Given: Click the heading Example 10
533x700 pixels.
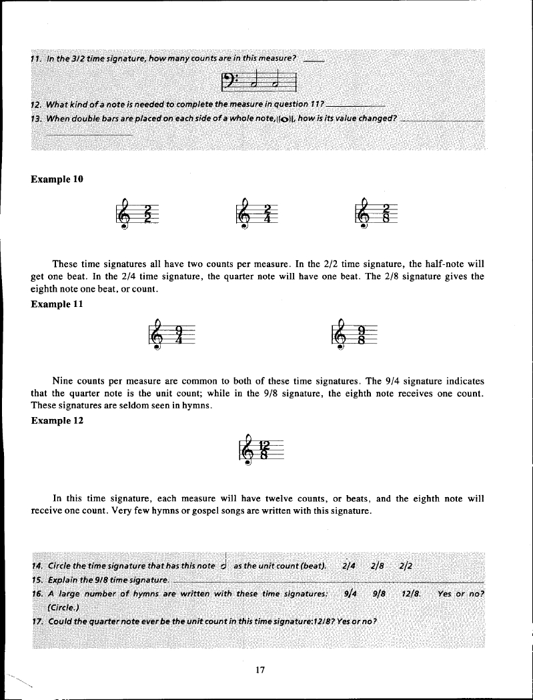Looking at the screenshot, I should pyautogui.click(x=57, y=179).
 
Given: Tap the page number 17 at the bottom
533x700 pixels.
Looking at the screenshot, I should pyautogui.click(x=261, y=671).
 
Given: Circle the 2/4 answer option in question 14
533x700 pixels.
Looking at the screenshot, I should pyautogui.click(x=348, y=566).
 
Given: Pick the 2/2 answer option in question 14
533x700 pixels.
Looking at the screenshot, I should pyautogui.click(x=405, y=566).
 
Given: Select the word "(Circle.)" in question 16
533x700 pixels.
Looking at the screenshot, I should pyautogui.click(x=64, y=607).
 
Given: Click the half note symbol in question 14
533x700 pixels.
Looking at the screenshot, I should pyautogui.click(x=225, y=564).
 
